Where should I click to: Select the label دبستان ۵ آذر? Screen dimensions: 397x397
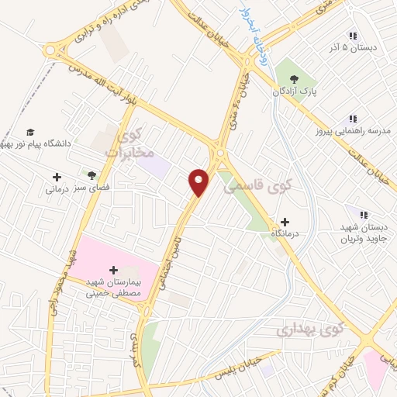[354, 48]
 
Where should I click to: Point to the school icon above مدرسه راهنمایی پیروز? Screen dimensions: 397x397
[353, 119]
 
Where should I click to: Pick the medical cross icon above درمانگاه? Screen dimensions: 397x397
[285, 222]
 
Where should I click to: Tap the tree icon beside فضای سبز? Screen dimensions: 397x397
[91, 175]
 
